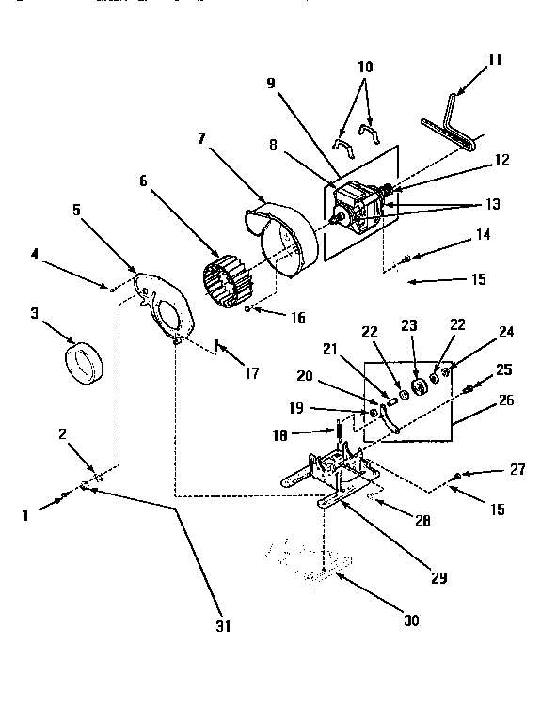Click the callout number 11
[x=495, y=59]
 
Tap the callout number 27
[x=517, y=468]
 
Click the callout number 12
[x=501, y=160]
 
